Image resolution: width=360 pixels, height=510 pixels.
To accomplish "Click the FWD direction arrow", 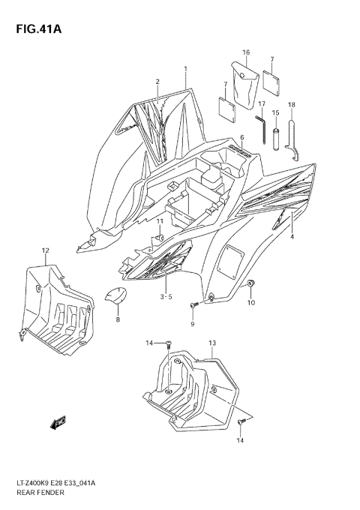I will [x=58, y=424].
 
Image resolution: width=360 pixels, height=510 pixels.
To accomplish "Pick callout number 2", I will [x=157, y=81].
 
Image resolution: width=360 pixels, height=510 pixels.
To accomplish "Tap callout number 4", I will [x=292, y=237].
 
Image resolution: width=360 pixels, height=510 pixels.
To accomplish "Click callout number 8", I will [x=117, y=319].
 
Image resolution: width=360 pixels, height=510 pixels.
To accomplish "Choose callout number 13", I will [x=212, y=343].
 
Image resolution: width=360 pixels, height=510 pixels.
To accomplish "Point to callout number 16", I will [x=245, y=52].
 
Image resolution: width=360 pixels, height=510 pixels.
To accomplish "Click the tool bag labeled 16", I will [x=244, y=88].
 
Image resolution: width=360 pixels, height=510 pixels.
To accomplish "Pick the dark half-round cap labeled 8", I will [x=114, y=298].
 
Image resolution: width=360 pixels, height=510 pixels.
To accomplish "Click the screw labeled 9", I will [x=193, y=304].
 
